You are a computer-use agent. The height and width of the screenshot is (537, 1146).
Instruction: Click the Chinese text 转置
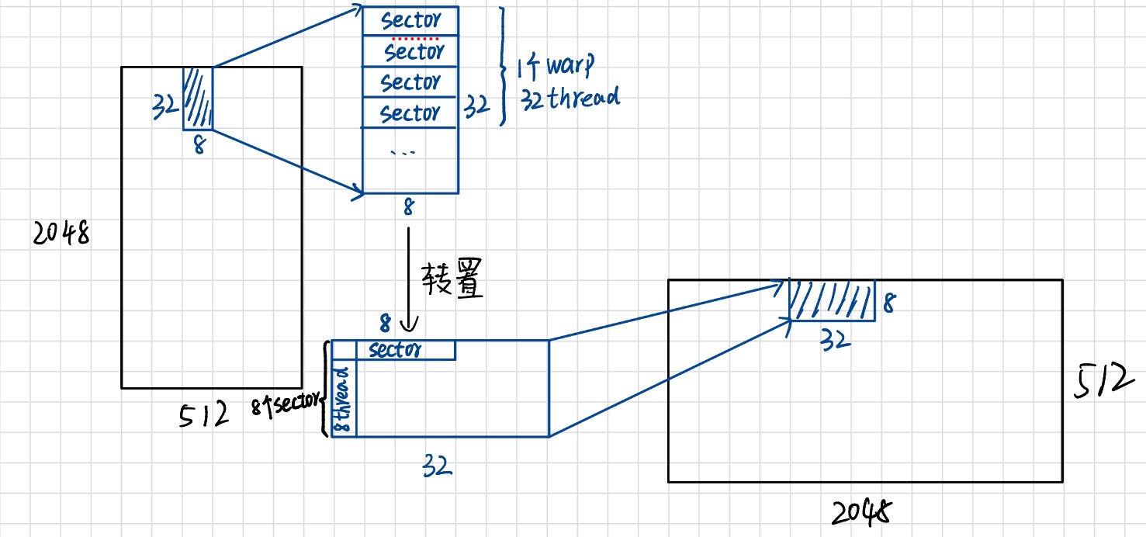coord(452,280)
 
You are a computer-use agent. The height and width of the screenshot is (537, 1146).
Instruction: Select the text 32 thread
coord(570,99)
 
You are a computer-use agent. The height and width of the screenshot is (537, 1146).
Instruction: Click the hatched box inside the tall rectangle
coord(197,98)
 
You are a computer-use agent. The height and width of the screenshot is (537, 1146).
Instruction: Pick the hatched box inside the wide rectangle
coord(832,300)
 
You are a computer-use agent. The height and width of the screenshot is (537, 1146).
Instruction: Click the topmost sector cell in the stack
coord(410,20)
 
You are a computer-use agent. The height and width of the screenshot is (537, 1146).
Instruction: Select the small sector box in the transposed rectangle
coord(405,350)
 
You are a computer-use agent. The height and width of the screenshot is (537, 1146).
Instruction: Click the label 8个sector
coord(286,404)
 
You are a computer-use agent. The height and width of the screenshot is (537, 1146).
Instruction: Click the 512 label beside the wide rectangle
coord(1099,381)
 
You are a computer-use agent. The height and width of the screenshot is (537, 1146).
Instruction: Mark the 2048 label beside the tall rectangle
coord(61,233)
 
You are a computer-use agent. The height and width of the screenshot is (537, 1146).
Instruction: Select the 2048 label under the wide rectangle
coord(862,511)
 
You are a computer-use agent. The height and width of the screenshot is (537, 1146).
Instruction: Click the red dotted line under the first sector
coord(414,38)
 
